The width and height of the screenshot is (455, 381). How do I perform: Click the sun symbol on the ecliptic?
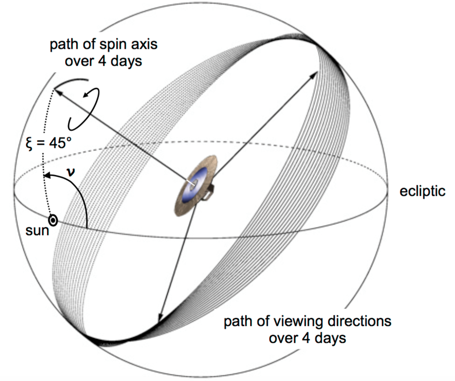click(53, 221)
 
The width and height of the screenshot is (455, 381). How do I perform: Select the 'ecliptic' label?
click(422, 191)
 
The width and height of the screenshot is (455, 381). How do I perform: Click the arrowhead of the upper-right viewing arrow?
click(314, 74)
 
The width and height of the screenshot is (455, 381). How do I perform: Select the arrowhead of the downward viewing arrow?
click(161, 318)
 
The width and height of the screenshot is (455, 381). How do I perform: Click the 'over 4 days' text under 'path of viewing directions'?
click(307, 338)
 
